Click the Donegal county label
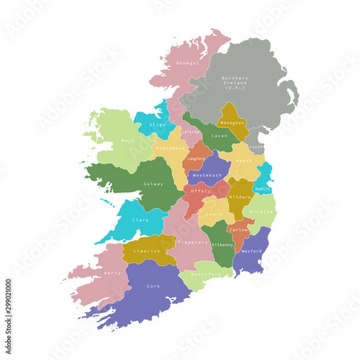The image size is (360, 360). pos(187,62)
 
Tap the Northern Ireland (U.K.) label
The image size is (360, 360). pos(234,83)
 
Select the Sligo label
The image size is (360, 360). pos(158,125)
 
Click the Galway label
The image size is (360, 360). pos(152,184)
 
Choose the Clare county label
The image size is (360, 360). pos(140,220)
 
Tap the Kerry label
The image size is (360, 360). pos(112,273)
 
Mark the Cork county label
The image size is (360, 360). pos(153,286)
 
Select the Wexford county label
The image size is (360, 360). pos(251,251)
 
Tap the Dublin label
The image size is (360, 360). pos(262,189)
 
